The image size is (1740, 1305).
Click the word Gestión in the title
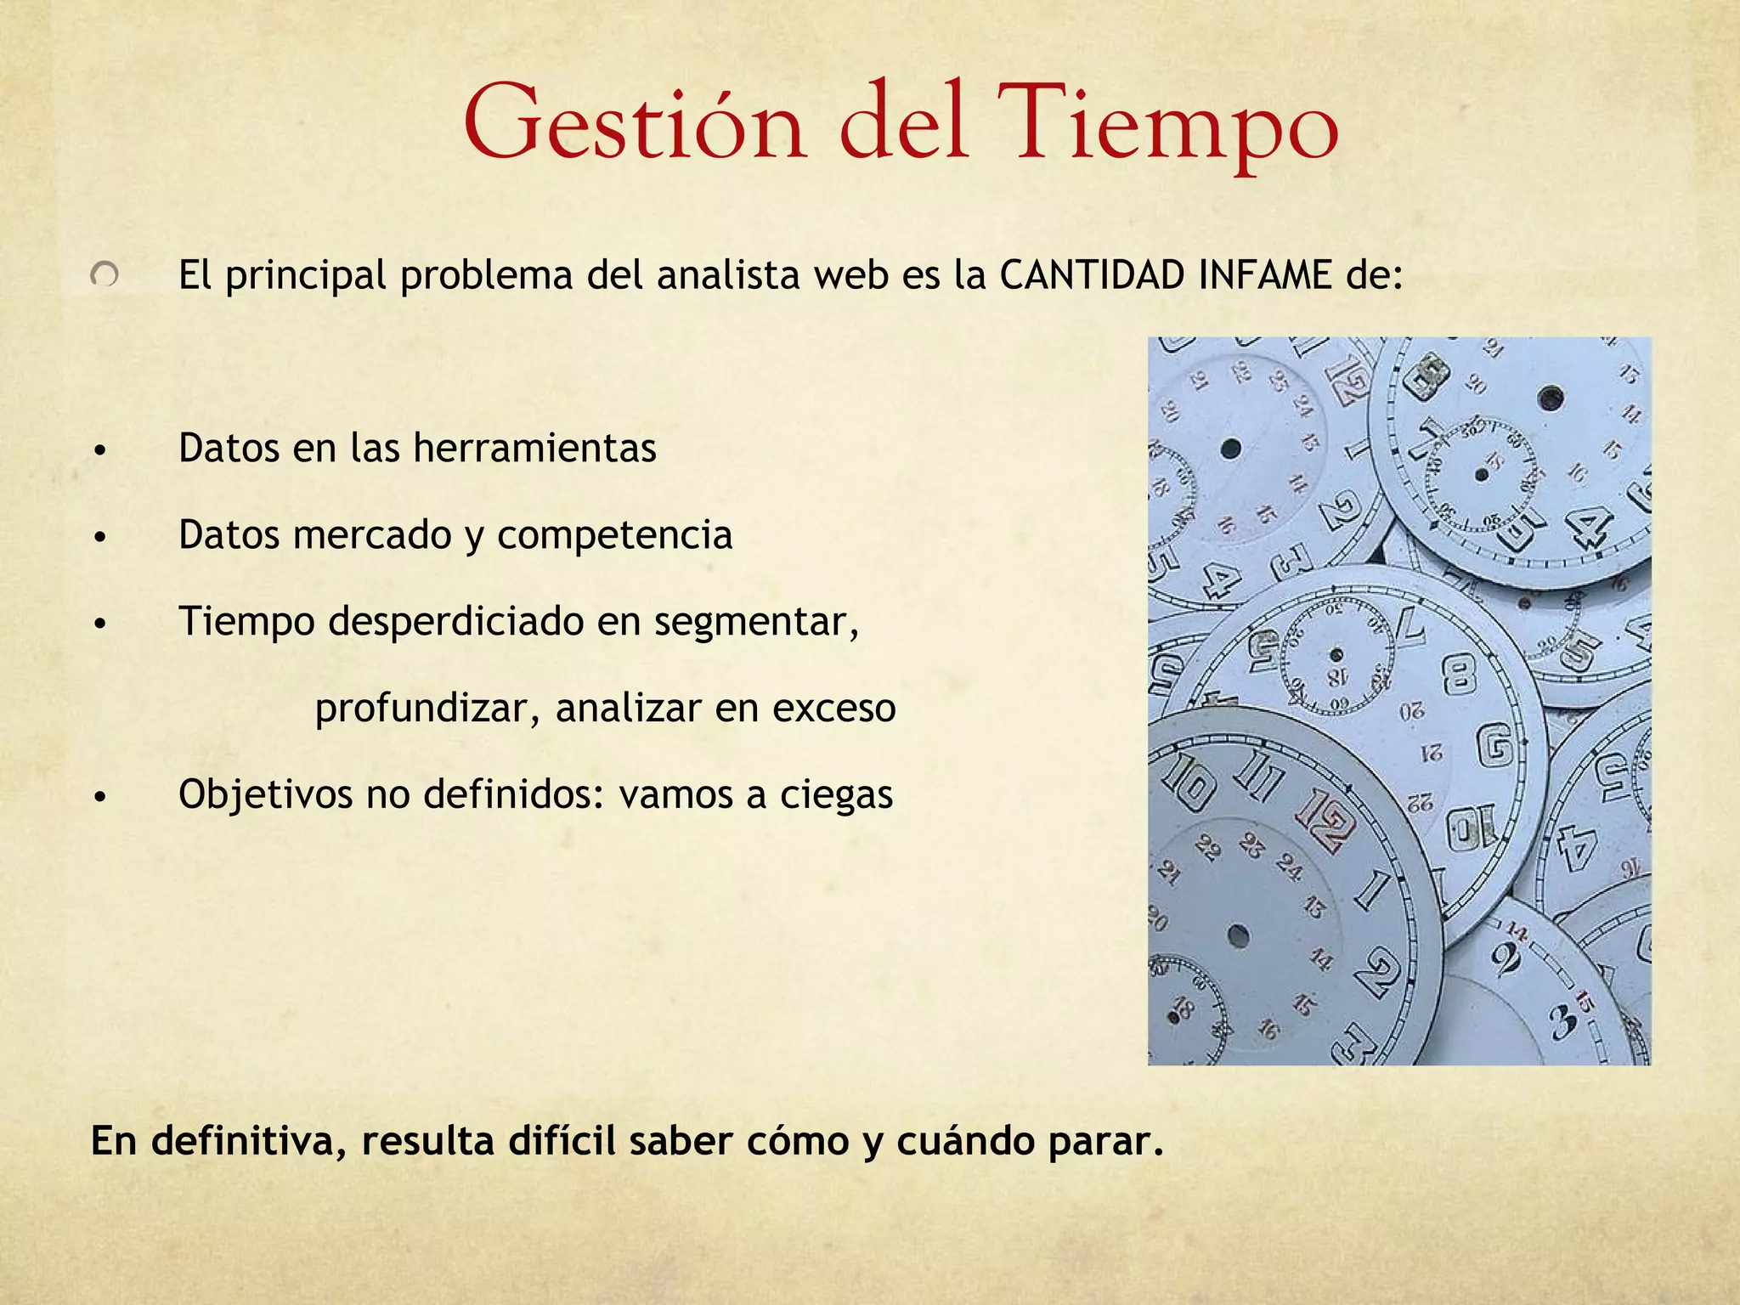pyautogui.click(x=634, y=123)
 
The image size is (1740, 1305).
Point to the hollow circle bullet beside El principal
pyautogui.click(x=105, y=274)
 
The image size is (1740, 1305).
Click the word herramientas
pyautogui.click(x=534, y=448)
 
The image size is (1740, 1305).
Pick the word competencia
pyautogui.click(x=614, y=535)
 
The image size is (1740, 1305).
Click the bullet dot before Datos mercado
pyautogui.click(x=100, y=538)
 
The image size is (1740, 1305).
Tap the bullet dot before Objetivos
pyautogui.click(x=100, y=797)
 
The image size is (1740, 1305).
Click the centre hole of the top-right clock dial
pyautogui.click(x=1551, y=397)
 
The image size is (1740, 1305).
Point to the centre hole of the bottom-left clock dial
pyautogui.click(x=1239, y=936)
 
